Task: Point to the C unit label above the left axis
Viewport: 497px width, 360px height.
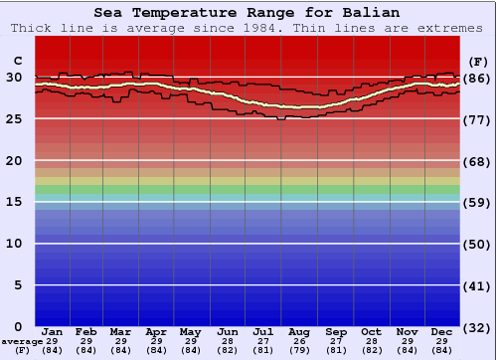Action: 17,60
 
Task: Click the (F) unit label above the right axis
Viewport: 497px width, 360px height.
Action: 478,60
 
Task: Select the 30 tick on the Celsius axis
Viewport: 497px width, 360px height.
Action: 14,77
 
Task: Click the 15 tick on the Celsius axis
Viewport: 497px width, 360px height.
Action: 14,202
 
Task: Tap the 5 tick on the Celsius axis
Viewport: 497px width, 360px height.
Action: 18,285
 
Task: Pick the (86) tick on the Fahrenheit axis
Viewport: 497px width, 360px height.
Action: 478,78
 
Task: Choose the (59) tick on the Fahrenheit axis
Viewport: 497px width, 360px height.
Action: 478,203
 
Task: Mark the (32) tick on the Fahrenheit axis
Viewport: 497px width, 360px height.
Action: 478,327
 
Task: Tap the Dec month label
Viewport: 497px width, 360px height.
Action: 442,331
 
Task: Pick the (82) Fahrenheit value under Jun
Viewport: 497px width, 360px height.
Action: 228,350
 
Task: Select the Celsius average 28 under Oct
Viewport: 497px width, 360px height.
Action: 371,341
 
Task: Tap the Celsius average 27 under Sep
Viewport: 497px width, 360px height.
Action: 336,341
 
